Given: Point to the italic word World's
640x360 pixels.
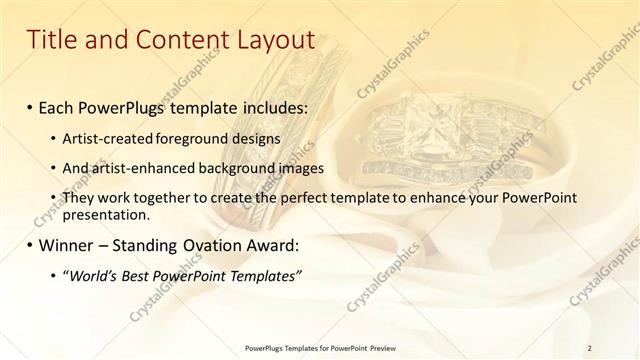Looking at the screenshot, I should tap(92, 275).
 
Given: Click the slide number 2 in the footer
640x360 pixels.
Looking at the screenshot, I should tap(591, 347).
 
